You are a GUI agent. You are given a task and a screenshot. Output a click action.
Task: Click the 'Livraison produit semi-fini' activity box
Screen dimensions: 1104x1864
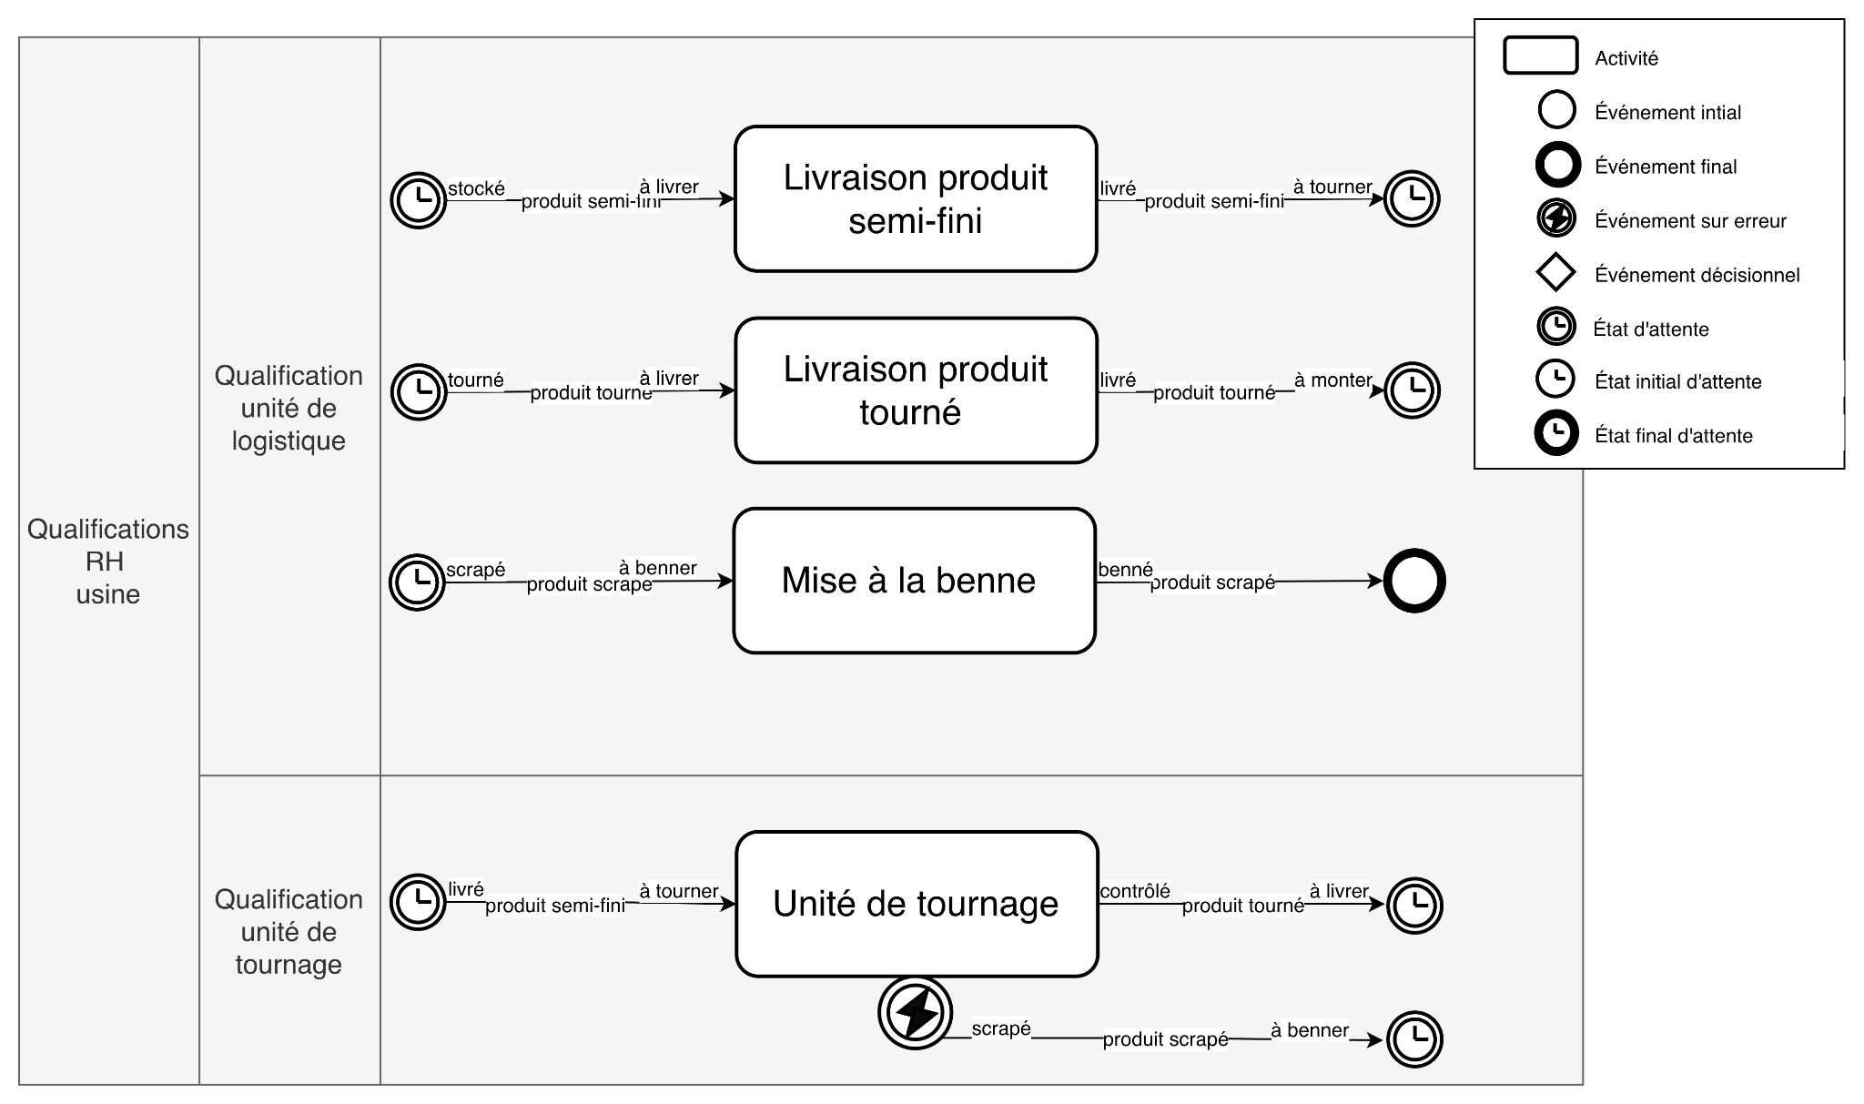tap(916, 198)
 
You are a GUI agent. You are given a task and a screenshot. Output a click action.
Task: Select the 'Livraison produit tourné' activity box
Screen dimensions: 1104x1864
tap(916, 390)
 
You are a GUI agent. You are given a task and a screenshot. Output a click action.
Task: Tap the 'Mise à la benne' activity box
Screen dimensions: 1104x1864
tap(914, 581)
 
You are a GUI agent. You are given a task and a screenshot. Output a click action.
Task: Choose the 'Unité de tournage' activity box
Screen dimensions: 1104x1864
tap(917, 904)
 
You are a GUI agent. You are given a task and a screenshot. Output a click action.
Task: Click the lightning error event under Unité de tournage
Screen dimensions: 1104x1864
tap(916, 1013)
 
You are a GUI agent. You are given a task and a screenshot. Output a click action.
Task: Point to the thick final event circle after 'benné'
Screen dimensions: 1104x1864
tap(1414, 581)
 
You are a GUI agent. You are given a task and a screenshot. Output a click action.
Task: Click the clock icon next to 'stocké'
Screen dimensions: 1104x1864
tap(419, 199)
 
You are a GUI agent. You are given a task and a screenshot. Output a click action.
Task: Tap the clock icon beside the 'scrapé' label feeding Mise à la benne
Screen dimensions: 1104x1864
tap(417, 582)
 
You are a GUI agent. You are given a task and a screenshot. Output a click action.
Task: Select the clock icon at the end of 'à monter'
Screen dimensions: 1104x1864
tap(1412, 390)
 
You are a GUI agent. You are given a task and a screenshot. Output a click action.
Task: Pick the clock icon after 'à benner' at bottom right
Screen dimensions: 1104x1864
tap(1414, 1038)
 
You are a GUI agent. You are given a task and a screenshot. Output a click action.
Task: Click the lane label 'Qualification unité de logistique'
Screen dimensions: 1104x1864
tap(289, 408)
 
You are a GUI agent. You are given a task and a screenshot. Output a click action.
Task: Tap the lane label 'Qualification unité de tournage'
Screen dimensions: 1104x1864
tap(289, 931)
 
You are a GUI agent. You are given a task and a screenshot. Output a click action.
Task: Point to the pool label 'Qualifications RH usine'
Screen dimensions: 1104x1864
tap(108, 562)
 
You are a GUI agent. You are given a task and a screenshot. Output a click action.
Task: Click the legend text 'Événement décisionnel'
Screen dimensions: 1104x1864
tap(1697, 275)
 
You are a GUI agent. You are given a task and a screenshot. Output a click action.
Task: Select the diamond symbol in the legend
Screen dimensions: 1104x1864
tap(1555, 273)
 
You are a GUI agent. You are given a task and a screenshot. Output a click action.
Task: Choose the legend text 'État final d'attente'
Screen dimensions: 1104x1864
tap(1673, 435)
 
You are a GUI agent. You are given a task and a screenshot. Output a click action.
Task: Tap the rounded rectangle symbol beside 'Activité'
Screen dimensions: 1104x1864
tap(1540, 56)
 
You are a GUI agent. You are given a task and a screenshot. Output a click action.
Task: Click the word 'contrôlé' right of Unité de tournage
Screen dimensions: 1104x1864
tap(1135, 891)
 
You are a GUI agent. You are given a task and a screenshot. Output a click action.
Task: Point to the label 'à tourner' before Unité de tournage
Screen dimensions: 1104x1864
tap(678, 891)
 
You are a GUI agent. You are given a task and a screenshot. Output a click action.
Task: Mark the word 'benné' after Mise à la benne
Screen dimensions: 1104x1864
tap(1125, 570)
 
